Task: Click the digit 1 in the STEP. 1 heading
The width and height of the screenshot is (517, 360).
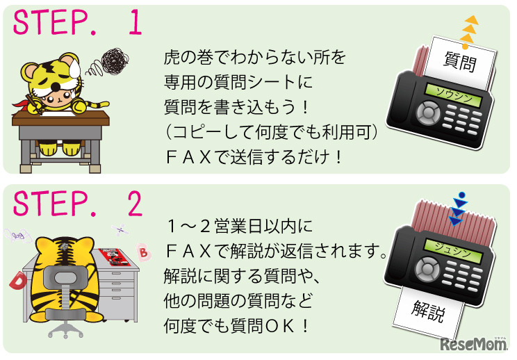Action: click(136, 22)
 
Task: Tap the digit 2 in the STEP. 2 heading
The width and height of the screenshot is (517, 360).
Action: click(135, 203)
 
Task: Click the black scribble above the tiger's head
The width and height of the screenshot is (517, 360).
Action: click(115, 60)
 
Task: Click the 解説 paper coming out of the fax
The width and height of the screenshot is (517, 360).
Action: click(428, 311)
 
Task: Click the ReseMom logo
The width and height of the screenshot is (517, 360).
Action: click(474, 344)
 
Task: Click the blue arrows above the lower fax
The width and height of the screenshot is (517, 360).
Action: click(459, 209)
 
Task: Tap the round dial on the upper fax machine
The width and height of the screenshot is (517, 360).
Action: click(427, 113)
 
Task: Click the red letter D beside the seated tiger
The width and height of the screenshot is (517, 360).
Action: click(18, 281)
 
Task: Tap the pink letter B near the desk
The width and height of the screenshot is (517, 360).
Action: click(143, 252)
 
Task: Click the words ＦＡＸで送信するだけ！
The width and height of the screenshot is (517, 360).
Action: click(254, 157)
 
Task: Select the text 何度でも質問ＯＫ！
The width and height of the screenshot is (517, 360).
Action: click(236, 326)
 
